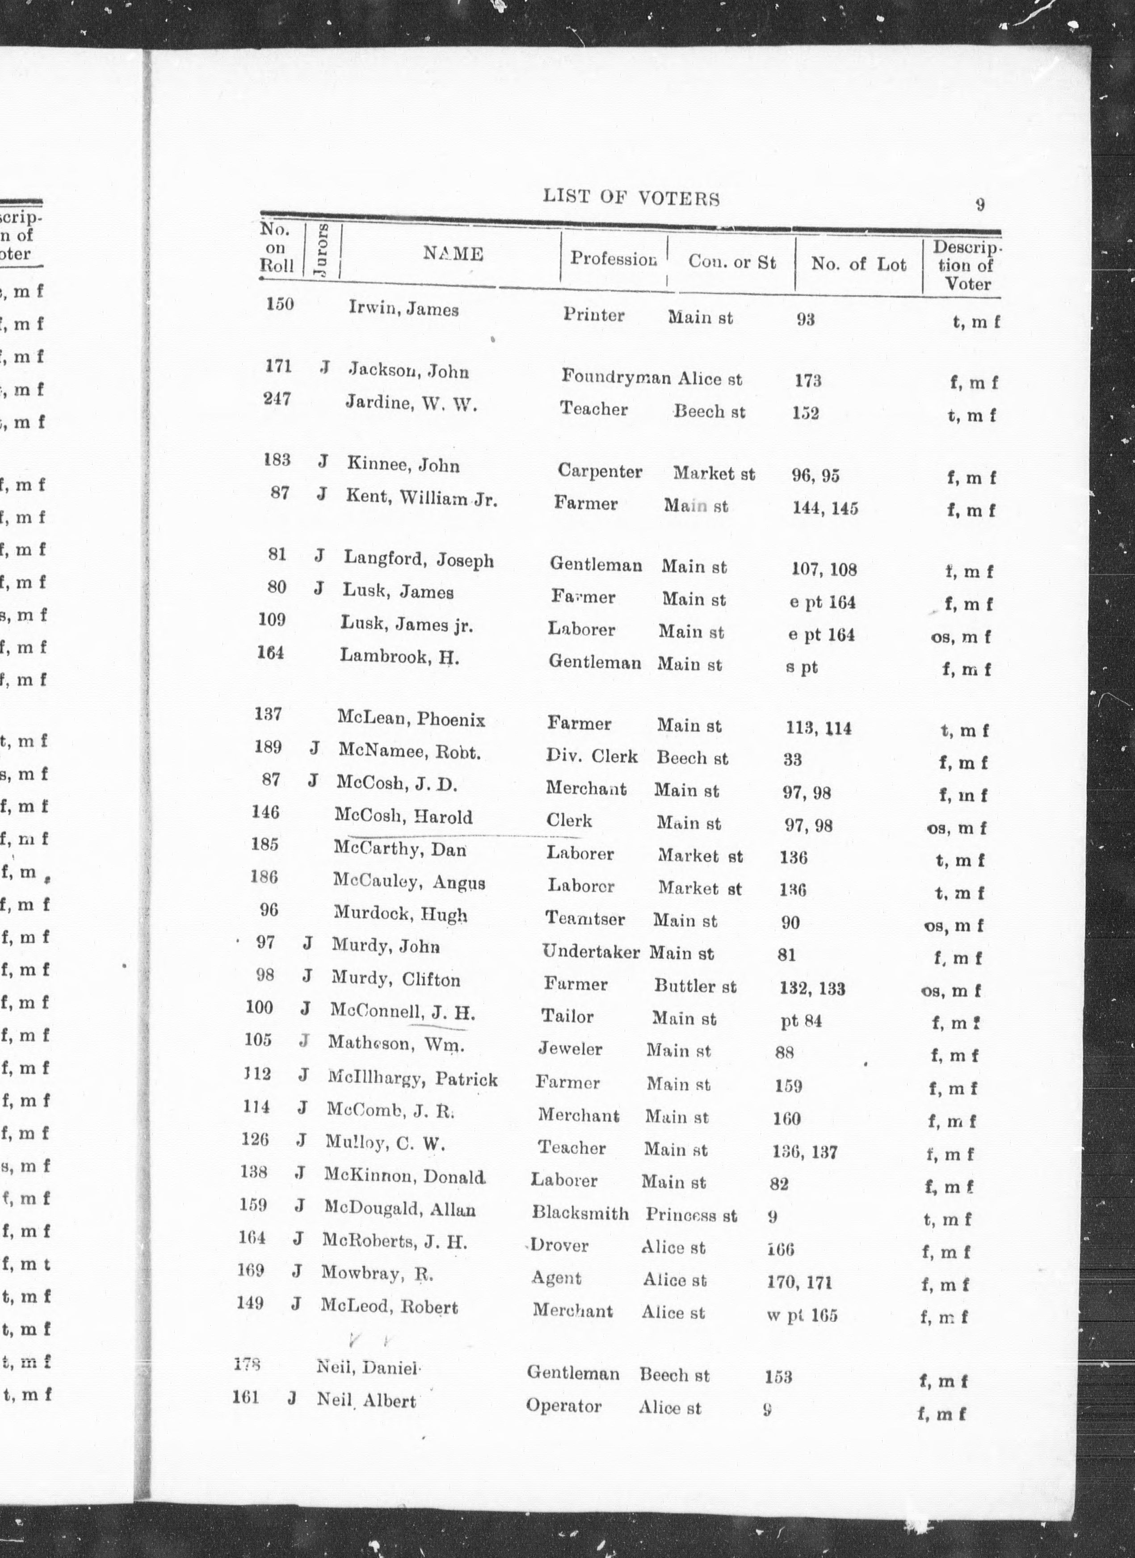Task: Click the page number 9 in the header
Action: [x=980, y=204]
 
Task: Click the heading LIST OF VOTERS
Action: [x=631, y=198]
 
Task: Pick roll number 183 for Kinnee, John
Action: [x=277, y=460]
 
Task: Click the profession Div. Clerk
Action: [x=592, y=756]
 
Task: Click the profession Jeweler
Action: [x=570, y=1049]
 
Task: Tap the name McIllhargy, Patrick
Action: [x=412, y=1079]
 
